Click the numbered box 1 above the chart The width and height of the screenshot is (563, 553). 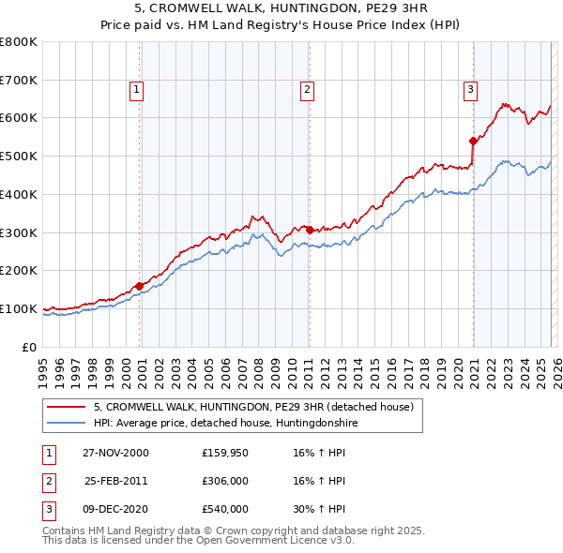point(136,90)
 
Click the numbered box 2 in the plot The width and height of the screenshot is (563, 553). point(307,90)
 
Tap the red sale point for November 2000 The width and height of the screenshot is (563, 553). point(140,286)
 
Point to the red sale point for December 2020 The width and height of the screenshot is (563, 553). point(473,142)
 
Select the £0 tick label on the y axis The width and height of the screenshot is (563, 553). point(30,347)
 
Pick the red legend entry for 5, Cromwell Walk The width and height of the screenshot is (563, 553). point(259,407)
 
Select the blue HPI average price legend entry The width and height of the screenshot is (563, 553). point(225,424)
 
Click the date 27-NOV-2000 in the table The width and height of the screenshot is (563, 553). point(115,453)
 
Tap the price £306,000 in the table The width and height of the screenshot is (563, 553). point(224,481)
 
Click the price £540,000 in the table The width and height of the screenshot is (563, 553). point(224,509)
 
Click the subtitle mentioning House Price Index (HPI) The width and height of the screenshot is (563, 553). point(281,25)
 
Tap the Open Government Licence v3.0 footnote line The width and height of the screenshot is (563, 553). point(198,540)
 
